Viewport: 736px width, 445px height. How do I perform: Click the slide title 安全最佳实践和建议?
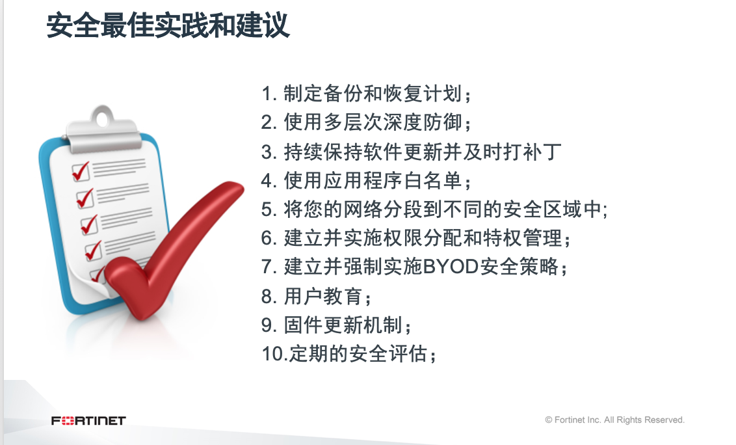coord(168,25)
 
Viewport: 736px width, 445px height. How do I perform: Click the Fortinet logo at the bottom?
coord(88,420)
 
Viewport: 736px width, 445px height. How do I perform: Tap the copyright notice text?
coord(614,420)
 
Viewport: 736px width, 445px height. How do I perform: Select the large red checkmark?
coord(174,249)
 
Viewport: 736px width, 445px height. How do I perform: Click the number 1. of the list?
coord(269,94)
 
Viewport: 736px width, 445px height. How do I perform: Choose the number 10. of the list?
coord(274,354)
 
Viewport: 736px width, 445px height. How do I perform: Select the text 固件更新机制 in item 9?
coord(343,325)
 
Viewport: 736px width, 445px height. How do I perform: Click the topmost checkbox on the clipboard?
coord(81,172)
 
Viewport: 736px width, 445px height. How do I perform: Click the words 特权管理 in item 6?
coord(523,238)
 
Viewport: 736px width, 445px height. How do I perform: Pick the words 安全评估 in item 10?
coord(388,354)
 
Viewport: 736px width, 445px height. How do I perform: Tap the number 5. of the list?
coord(269,209)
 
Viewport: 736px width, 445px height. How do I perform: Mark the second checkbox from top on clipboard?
coord(85,199)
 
